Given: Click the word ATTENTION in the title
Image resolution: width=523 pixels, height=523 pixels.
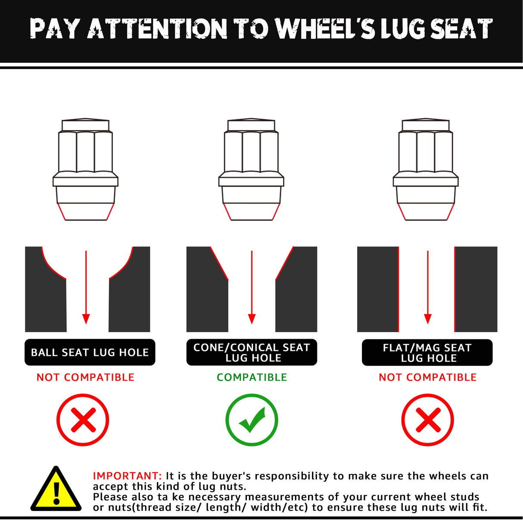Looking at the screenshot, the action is click(157, 28).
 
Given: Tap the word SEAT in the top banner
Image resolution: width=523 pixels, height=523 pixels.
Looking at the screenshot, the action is click(461, 28).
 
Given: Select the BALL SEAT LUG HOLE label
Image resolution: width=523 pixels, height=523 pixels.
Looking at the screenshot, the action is click(90, 352).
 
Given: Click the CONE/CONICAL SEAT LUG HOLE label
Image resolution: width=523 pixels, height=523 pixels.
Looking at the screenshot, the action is click(252, 352).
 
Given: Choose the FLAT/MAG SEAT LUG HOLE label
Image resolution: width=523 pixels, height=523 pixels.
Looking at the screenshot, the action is click(427, 352).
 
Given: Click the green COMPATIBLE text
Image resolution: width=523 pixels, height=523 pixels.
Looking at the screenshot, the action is click(252, 377).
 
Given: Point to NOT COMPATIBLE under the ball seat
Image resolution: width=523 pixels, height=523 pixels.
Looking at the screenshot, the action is click(85, 377).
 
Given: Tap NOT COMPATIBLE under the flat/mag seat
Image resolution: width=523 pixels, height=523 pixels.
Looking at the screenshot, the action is click(428, 377).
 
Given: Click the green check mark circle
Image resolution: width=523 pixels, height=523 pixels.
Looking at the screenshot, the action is click(252, 420).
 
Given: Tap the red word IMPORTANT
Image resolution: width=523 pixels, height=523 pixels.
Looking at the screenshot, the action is click(127, 476).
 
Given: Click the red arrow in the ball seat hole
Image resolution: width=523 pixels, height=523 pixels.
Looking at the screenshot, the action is click(86, 287).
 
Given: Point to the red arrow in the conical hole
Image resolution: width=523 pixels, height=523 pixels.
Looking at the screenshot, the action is click(252, 287).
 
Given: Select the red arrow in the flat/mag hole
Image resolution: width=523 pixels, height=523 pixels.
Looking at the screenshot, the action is click(428, 287).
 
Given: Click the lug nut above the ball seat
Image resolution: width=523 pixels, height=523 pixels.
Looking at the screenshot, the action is click(85, 169).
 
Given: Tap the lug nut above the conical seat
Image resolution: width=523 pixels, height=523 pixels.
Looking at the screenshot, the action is click(251, 169).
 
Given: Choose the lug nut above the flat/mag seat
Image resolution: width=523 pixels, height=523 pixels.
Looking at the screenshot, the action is click(426, 169).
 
